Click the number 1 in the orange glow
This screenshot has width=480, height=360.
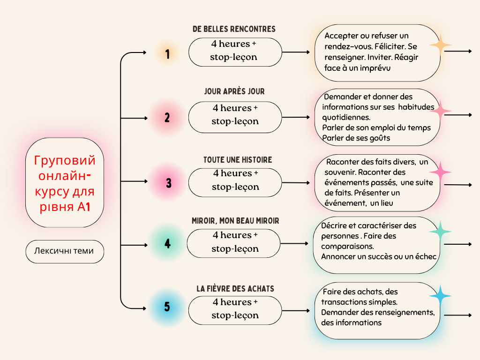click(x=167, y=54)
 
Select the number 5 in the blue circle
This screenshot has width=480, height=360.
click(x=167, y=307)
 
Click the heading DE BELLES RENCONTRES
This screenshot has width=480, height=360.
click(x=234, y=29)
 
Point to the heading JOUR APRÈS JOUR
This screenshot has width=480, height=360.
click(x=234, y=92)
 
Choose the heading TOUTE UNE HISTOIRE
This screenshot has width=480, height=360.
click(x=237, y=160)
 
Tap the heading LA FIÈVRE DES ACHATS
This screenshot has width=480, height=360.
click(x=235, y=289)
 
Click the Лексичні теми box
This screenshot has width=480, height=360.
click(x=64, y=251)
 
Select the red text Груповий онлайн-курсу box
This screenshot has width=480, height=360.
click(x=65, y=183)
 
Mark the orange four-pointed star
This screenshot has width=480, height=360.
click(x=440, y=45)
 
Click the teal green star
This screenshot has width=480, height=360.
click(x=440, y=232)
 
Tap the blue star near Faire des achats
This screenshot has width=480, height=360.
click(x=440, y=296)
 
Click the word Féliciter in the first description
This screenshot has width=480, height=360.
click(x=389, y=46)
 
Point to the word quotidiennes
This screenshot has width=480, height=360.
click(x=346, y=117)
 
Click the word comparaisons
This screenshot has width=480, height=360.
click(x=347, y=246)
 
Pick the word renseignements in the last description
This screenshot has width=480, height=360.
click(x=405, y=312)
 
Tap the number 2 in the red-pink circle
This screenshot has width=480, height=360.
click(x=167, y=118)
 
